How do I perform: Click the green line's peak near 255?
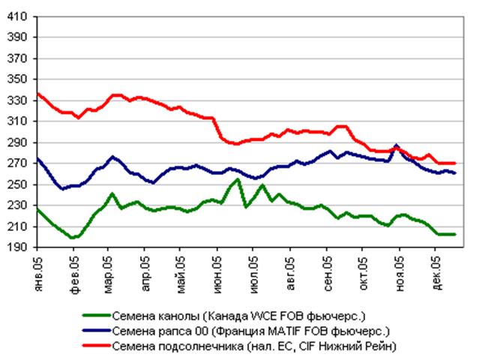pyautogui.click(x=238, y=179)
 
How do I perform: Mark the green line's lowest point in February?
pyautogui.click(x=73, y=238)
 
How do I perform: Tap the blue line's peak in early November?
pyautogui.click(x=397, y=145)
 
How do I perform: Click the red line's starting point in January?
pyautogui.click(x=37, y=93)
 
